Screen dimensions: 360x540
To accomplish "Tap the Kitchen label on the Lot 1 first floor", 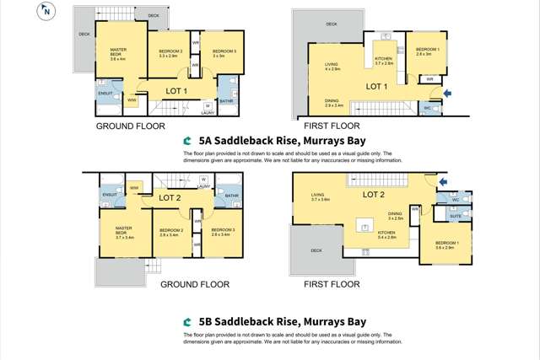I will [x=384, y=61].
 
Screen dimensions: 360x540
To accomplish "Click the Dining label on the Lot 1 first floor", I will [x=334, y=104].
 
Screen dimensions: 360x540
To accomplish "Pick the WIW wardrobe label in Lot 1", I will [x=131, y=99].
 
